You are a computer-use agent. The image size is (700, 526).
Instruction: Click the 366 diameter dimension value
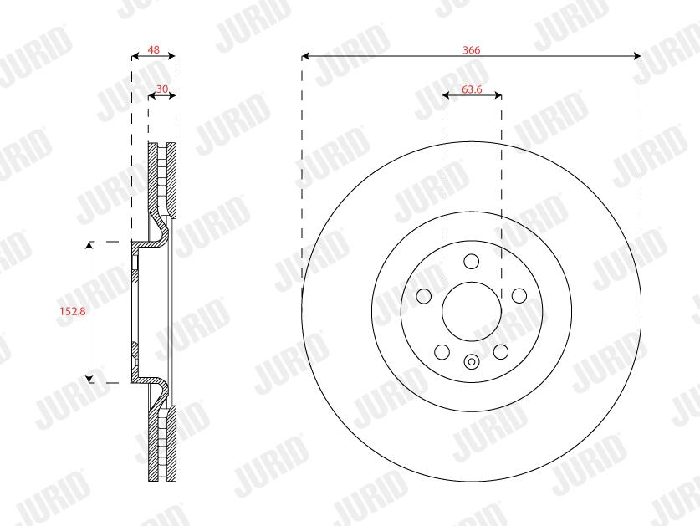pyautogui.click(x=472, y=50)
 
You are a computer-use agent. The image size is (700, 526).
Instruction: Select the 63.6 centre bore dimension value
pyautogui.click(x=472, y=89)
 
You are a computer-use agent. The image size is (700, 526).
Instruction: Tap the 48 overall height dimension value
pyautogui.click(x=154, y=49)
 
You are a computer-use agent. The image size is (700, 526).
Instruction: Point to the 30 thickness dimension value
pyautogui.click(x=162, y=89)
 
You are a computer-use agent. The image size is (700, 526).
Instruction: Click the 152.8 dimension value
pyautogui.click(x=73, y=311)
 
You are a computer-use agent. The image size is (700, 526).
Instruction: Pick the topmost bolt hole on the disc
pyautogui.click(x=472, y=261)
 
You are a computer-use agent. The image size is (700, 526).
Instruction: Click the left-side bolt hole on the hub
pyautogui.click(x=424, y=295)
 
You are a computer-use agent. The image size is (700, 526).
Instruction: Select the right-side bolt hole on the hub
pyautogui.click(x=519, y=295)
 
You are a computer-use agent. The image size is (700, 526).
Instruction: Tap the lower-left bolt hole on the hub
pyautogui.click(x=442, y=352)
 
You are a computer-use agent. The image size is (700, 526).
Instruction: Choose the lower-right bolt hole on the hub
pyautogui.click(x=501, y=352)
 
